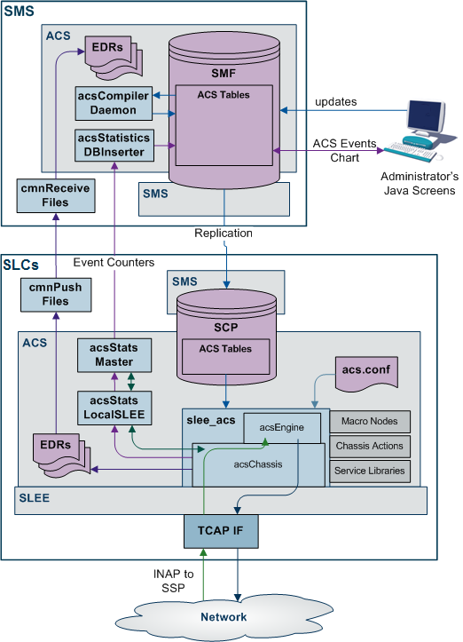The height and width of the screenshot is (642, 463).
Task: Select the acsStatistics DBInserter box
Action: [113, 145]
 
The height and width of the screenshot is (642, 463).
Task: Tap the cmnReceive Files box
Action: [56, 195]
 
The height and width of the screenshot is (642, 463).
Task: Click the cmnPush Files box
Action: [56, 294]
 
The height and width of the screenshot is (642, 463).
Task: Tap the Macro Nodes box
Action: [370, 421]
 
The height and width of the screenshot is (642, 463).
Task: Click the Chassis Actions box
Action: [370, 446]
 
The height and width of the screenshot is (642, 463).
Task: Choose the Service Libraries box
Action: [370, 471]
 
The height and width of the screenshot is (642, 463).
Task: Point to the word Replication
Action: [223, 233]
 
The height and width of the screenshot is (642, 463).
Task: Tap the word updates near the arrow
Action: [335, 101]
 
